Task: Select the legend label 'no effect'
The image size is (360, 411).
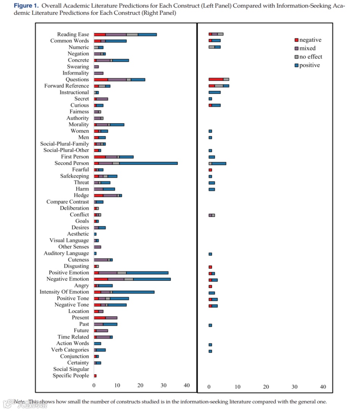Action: pyautogui.click(x=311, y=57)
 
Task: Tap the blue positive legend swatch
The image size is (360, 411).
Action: pyautogui.click(x=296, y=65)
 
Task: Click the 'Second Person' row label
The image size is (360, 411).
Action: pyautogui.click(x=72, y=163)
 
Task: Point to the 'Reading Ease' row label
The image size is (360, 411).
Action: pyautogui.click(x=73, y=34)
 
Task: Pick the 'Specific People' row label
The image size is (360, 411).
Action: pyautogui.click(x=71, y=376)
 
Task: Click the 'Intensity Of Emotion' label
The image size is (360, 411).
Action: pyautogui.click(x=64, y=292)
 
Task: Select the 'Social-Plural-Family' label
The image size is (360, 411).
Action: pyautogui.click(x=65, y=144)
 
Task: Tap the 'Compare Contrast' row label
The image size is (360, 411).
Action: pyautogui.click(x=68, y=202)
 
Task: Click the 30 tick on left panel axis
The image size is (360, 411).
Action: pyautogui.click(x=164, y=386)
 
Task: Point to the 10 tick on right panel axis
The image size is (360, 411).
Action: pyautogui.click(x=237, y=387)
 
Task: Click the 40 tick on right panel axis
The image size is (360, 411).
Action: pyautogui.click(x=323, y=387)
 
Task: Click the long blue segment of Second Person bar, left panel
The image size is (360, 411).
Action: pyautogui.click(x=148, y=163)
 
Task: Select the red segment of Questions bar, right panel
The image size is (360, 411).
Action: pyautogui.click(x=216, y=79)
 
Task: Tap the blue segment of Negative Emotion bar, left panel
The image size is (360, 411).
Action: pyautogui.click(x=152, y=279)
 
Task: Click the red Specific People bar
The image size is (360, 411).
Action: pyautogui.click(x=95, y=376)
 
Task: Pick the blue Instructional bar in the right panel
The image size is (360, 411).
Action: pyautogui.click(x=214, y=92)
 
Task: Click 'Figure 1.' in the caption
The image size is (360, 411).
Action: pyautogui.click(x=26, y=6)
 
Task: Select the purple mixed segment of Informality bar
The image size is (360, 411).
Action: pyautogui.click(x=99, y=73)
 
